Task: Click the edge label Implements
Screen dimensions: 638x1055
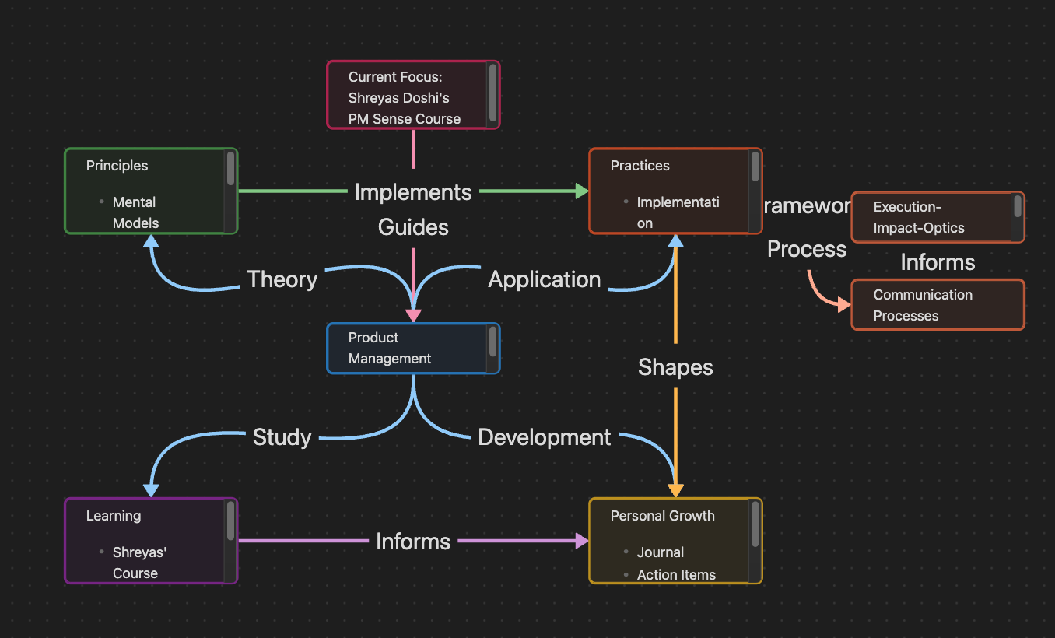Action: [x=413, y=191]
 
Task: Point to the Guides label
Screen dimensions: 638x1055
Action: [x=413, y=227]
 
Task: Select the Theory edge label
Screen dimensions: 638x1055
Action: [x=282, y=279]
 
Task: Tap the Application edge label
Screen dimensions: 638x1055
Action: [x=544, y=279]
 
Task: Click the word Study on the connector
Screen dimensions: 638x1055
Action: [x=282, y=437]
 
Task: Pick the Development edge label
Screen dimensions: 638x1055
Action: [x=544, y=437]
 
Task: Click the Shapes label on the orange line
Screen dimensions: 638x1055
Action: [x=675, y=367]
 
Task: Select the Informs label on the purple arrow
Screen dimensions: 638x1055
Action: [x=413, y=542]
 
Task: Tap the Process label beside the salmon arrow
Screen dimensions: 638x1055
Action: [x=807, y=249]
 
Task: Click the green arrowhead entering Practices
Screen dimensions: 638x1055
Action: [x=582, y=191]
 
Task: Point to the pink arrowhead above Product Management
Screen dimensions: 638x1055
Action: [x=413, y=316]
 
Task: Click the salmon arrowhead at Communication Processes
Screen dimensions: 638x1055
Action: [x=844, y=304]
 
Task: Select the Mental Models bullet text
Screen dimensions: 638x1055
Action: [x=135, y=212]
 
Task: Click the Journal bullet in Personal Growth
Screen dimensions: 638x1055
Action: [x=661, y=552]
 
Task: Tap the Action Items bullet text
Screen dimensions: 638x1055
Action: [x=676, y=575]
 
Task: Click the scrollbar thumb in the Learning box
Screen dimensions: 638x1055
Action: [x=230, y=521]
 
